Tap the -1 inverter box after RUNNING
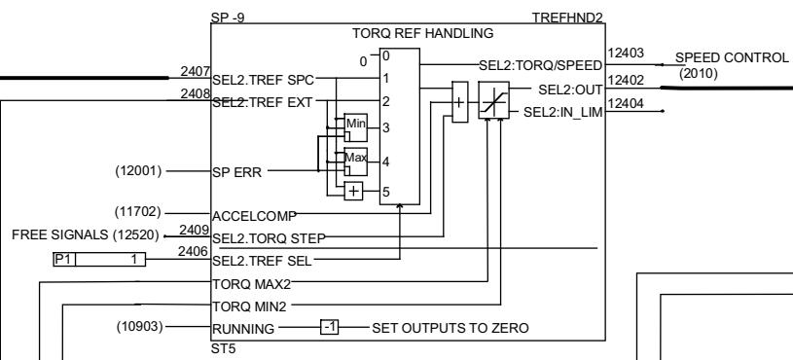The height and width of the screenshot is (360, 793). pos(331,328)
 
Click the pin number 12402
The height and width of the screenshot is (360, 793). pos(623,78)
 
